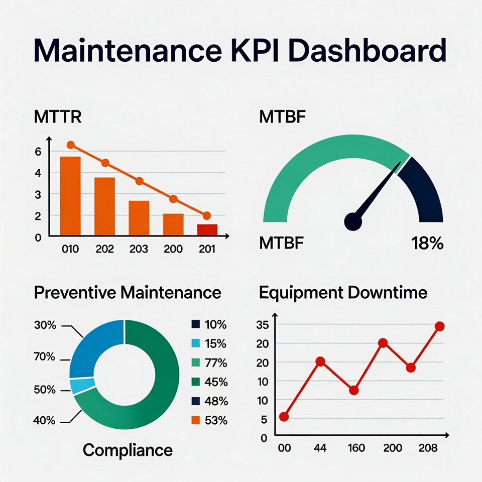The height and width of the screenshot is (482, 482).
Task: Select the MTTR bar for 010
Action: pyautogui.click(x=70, y=196)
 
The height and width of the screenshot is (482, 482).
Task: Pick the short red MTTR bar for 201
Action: pyautogui.click(x=207, y=229)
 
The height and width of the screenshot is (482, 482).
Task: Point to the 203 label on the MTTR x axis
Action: pyautogui.click(x=139, y=249)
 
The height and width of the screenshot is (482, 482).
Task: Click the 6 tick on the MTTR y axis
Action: pyautogui.click(x=39, y=151)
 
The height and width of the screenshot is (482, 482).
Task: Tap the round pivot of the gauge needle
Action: pyautogui.click(x=353, y=221)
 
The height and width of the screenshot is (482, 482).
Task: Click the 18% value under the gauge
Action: pyautogui.click(x=427, y=244)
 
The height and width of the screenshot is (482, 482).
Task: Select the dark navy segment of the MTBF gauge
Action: pyautogui.click(x=424, y=191)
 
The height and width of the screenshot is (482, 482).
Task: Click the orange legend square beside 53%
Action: pyautogui.click(x=196, y=420)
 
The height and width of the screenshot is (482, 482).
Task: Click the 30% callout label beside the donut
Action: pyautogui.click(x=45, y=325)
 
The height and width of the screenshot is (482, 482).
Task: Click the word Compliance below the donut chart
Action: pyautogui.click(x=128, y=450)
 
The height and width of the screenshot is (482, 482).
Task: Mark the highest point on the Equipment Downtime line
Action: pyautogui.click(x=439, y=326)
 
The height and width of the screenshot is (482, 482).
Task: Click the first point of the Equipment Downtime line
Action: pyautogui.click(x=284, y=416)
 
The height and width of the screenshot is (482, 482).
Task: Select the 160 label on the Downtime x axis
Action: pyautogui.click(x=356, y=448)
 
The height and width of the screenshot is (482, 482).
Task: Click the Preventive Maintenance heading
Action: pyautogui.click(x=128, y=292)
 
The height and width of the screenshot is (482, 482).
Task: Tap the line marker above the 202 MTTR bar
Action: pyautogui.click(x=105, y=163)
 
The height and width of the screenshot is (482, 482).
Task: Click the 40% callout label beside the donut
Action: pyautogui.click(x=45, y=420)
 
